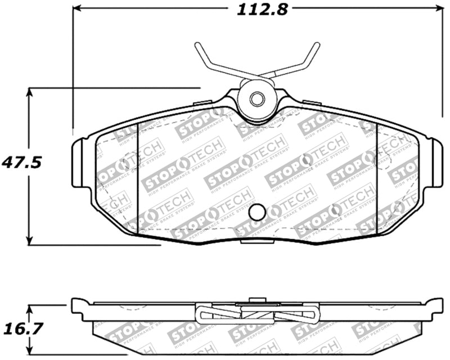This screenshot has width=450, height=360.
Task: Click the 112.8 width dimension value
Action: coord(256,10)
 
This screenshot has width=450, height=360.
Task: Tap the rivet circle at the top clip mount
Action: coord(256,99)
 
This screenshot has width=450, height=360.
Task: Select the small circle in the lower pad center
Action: coord(256,211)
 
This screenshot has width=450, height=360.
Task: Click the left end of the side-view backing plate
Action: coord(76,307)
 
